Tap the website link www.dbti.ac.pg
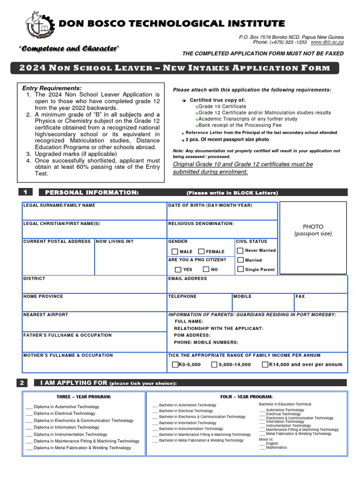coord(327,42)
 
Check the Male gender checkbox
coord(174,252)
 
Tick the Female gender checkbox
coord(201,252)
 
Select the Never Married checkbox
coord(240,251)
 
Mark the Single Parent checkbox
coord(240,270)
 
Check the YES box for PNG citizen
coord(178,270)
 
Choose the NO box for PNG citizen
coord(206,270)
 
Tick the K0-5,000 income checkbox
coord(175,364)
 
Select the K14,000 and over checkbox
coord(265,364)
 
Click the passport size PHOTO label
coord(313,230)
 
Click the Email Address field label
coord(187,278)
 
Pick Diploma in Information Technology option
coord(66,427)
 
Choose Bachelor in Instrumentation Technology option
coord(191,429)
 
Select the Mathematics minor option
coord(277,448)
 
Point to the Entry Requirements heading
coord(52,88)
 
